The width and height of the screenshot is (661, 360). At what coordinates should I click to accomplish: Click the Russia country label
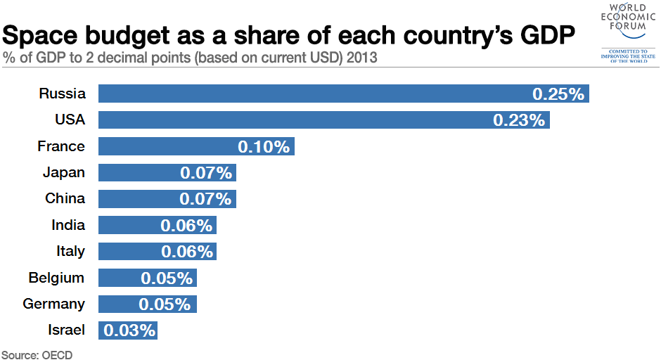click(62, 94)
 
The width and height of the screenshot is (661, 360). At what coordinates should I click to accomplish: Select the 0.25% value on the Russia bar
click(558, 94)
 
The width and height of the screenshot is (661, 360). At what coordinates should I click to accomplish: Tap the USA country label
click(70, 120)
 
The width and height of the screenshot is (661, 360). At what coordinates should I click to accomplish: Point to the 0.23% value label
click(519, 120)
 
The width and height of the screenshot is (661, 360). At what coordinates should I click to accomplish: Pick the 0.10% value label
click(264, 147)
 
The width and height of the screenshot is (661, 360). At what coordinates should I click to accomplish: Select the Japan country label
click(63, 172)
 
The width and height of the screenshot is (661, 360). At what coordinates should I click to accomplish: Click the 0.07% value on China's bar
click(205, 199)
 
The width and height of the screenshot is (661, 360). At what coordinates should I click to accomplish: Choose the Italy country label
click(70, 251)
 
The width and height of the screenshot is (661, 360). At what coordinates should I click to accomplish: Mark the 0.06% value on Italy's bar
click(186, 252)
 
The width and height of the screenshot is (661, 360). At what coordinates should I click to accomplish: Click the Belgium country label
click(56, 278)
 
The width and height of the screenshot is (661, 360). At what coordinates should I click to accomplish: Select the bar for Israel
click(128, 330)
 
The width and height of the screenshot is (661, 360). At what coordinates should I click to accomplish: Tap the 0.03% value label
click(129, 330)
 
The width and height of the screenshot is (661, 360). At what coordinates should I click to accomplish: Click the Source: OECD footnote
click(37, 354)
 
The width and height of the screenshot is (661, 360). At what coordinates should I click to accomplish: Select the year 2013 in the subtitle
click(361, 58)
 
